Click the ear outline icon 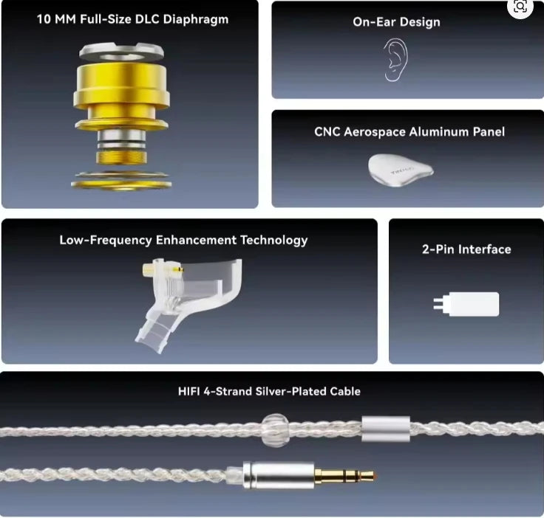pyautogui.click(x=395, y=59)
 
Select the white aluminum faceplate pyautogui.click(x=400, y=170)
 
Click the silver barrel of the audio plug pyautogui.click(x=279, y=475)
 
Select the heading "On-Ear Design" pyautogui.click(x=396, y=21)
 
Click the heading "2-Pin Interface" pyautogui.click(x=466, y=249)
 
